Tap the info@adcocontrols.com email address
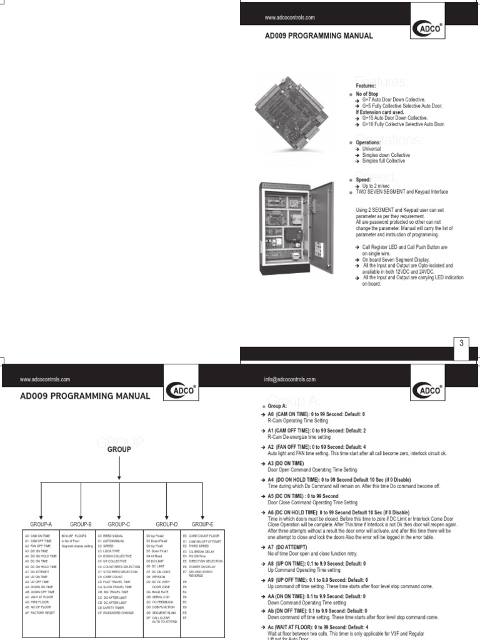point(290,379)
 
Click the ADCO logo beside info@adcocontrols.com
point(429,391)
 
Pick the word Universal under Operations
point(372,149)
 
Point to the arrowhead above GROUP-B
point(81,513)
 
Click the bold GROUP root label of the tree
point(119,449)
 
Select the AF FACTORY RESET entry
point(41,613)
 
